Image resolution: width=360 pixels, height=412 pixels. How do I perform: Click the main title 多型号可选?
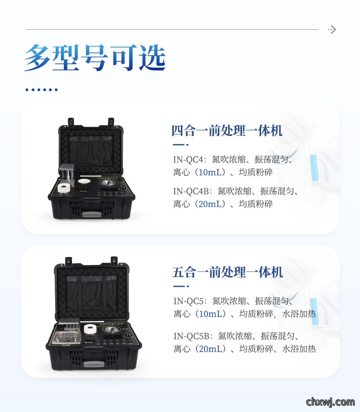point(95,58)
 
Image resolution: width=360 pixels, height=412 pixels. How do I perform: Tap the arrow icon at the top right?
point(332,29)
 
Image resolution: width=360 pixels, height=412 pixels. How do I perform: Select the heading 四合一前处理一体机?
point(227,131)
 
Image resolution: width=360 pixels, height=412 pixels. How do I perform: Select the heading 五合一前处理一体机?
point(228,272)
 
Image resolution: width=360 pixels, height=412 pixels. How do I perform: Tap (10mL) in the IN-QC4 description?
point(210,172)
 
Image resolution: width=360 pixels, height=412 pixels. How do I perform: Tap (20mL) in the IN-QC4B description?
point(210,204)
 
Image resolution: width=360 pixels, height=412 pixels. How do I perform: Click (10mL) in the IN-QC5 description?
point(210,314)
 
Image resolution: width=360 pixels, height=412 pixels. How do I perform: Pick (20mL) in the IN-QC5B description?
point(210,349)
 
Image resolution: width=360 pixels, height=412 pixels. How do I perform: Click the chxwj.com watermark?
point(330,402)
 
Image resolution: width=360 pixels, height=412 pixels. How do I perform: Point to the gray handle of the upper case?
point(92,215)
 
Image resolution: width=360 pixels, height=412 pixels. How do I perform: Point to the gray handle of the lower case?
point(93,364)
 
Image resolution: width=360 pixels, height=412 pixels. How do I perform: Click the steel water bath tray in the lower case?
point(68,339)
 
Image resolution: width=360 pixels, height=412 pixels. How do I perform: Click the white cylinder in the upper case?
point(64,188)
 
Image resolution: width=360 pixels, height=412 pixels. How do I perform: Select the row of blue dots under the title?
point(41,90)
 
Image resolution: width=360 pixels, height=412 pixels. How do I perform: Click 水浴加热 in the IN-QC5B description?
point(299,349)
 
